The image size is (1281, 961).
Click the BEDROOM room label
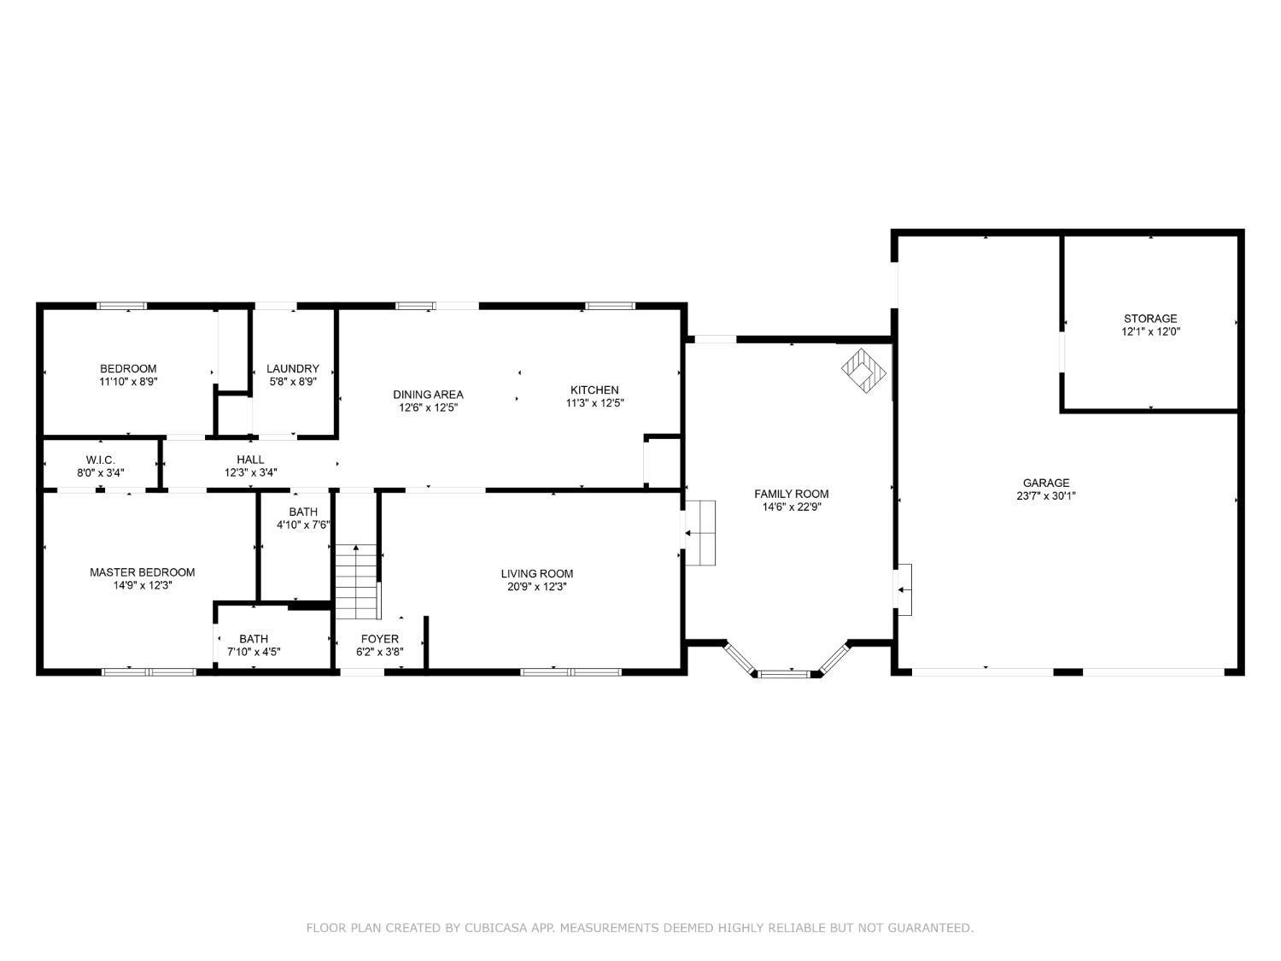tap(128, 369)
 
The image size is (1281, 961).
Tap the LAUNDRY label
tap(292, 369)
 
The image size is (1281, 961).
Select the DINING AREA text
tap(428, 395)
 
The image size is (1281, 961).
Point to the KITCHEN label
tap(594, 390)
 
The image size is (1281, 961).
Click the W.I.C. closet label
tap(100, 460)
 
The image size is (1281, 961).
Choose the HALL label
tap(250, 460)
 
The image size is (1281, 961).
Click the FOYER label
tap(379, 639)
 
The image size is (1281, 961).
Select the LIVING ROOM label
tap(536, 574)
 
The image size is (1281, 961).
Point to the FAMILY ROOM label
tap(791, 494)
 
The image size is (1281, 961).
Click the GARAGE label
tap(1045, 483)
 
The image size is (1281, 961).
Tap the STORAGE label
tap(1149, 319)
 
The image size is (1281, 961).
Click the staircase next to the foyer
tap(356, 581)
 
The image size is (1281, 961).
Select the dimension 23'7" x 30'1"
tap(1045, 495)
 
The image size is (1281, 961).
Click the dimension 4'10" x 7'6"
tap(302, 525)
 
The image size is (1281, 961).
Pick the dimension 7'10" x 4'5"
tap(253, 652)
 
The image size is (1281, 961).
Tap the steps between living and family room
tap(700, 533)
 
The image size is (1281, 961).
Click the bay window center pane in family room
tap(783, 674)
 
